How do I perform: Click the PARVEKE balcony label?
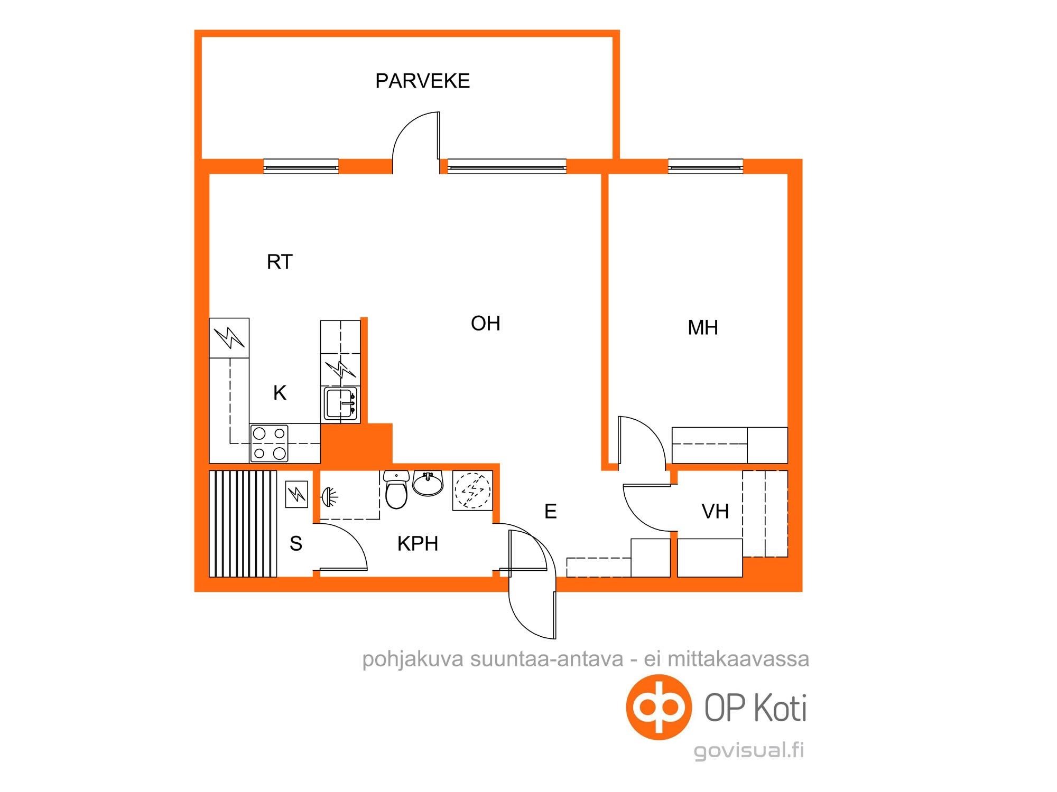click(422, 81)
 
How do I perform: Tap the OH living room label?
click(485, 323)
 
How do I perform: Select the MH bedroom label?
click(702, 328)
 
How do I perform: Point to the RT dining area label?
click(279, 262)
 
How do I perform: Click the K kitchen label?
click(280, 393)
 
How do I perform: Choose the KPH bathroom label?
click(418, 543)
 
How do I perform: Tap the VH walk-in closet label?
click(715, 511)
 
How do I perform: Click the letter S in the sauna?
click(296, 543)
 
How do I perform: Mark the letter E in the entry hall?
click(550, 511)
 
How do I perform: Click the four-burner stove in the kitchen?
click(269, 443)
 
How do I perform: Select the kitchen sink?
click(340, 403)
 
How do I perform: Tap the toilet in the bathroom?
click(396, 489)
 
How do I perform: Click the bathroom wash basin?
click(428, 483)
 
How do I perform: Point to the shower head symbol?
click(330, 496)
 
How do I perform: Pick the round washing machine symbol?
click(472, 491)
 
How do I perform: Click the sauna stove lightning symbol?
click(296, 494)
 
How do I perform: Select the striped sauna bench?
click(243, 524)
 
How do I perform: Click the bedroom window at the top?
click(706, 167)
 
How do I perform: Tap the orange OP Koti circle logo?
click(659, 707)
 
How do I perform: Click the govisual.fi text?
click(749, 750)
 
